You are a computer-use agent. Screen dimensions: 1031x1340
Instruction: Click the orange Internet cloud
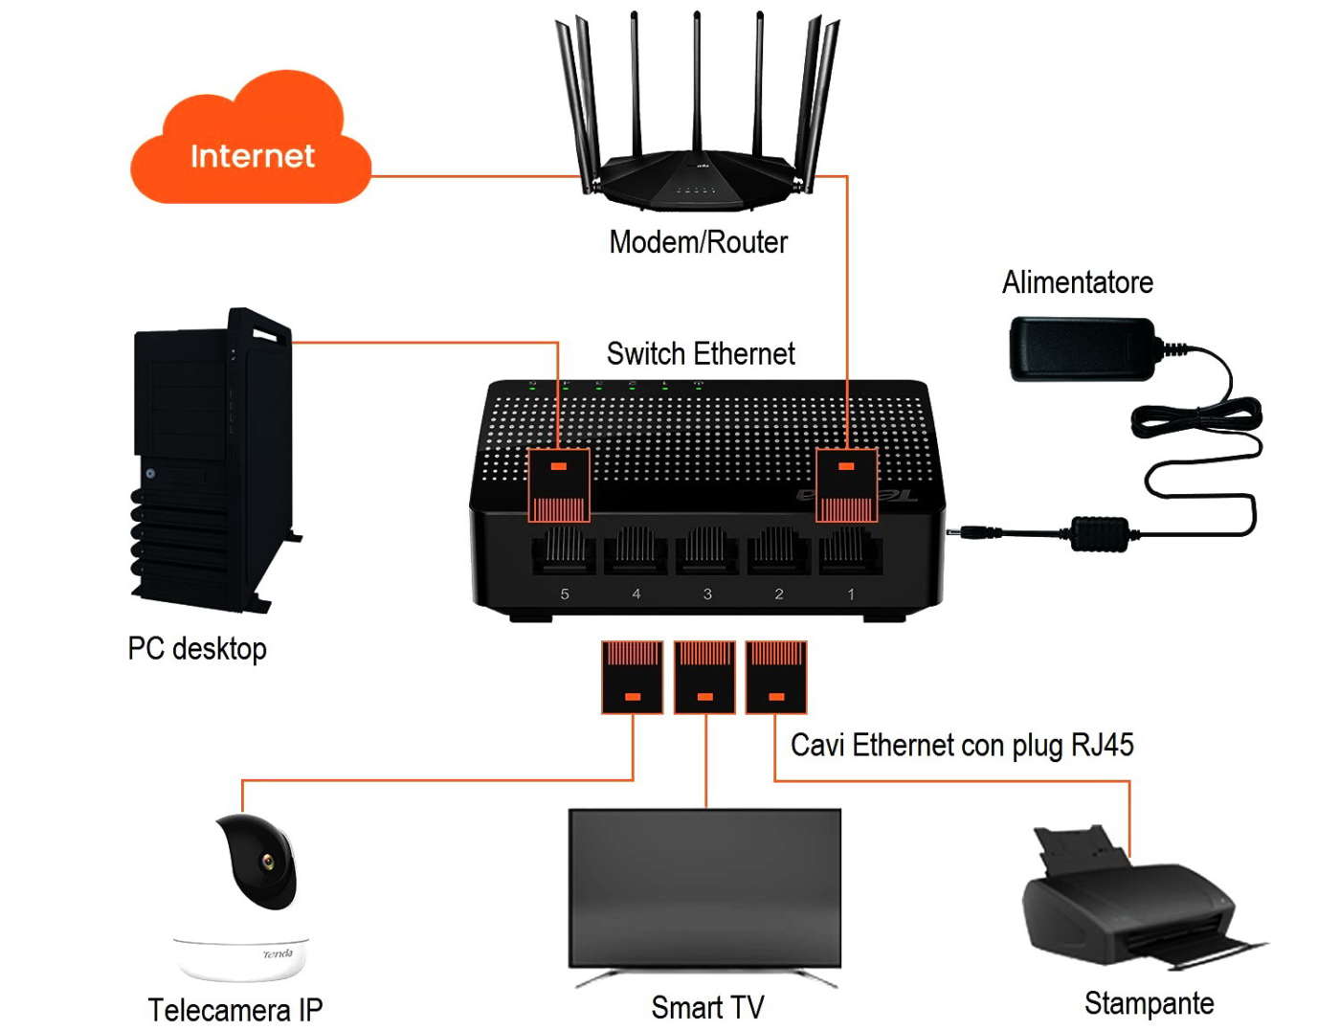point(251,144)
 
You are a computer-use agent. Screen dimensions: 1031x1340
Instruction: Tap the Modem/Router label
point(698,242)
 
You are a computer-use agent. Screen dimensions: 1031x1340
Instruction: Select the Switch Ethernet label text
point(701,354)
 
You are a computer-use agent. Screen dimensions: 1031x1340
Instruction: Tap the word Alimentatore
point(1077,282)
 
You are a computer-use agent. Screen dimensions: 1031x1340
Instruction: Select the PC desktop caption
point(197,648)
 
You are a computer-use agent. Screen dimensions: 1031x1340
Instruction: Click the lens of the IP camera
point(268,862)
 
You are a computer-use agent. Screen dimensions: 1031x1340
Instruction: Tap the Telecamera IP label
point(235,1009)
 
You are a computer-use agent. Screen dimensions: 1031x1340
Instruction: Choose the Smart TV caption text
point(707,1007)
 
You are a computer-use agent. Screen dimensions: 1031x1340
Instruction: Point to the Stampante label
point(1149,1003)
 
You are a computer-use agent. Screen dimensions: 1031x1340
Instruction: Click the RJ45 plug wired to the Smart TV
point(705,678)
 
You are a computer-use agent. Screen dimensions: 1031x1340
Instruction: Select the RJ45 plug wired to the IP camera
point(633,678)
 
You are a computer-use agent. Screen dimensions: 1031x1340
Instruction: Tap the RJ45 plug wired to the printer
point(776,678)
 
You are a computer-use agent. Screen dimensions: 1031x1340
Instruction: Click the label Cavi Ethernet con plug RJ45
point(962,745)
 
